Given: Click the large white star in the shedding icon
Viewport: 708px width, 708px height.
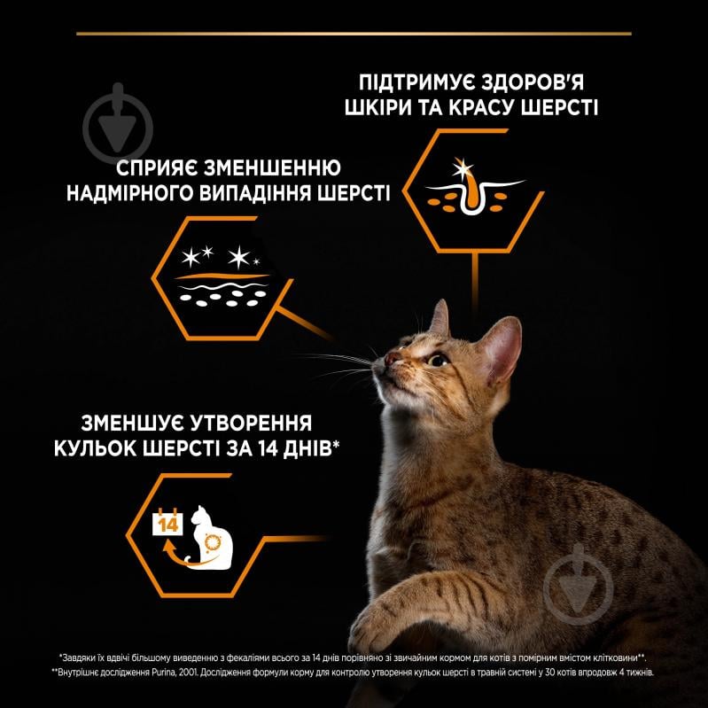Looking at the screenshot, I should click(x=237, y=259).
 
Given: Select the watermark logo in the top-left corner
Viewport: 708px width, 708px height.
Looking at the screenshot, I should click(x=118, y=123).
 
